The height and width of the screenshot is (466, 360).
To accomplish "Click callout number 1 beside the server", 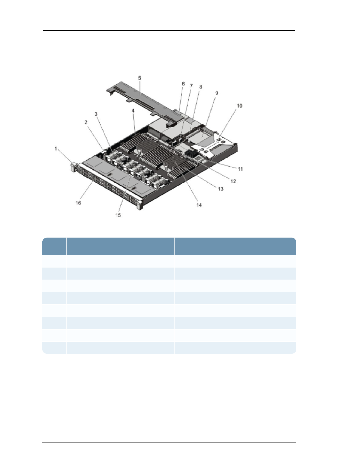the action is point(56,148).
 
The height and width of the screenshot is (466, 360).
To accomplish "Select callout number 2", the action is point(86,122).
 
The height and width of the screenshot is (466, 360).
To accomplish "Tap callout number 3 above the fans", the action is point(96,114).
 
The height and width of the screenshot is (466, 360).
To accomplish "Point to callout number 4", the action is point(133,111).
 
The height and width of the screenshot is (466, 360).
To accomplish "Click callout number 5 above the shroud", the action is point(140,78).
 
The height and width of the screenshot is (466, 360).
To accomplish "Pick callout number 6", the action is point(183,84).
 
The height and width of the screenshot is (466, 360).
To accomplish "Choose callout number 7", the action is point(191,86).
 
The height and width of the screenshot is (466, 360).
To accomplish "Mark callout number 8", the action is point(200,87).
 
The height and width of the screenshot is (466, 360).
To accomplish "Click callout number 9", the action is point(217,93).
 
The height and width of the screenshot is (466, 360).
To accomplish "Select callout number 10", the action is point(240,106).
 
